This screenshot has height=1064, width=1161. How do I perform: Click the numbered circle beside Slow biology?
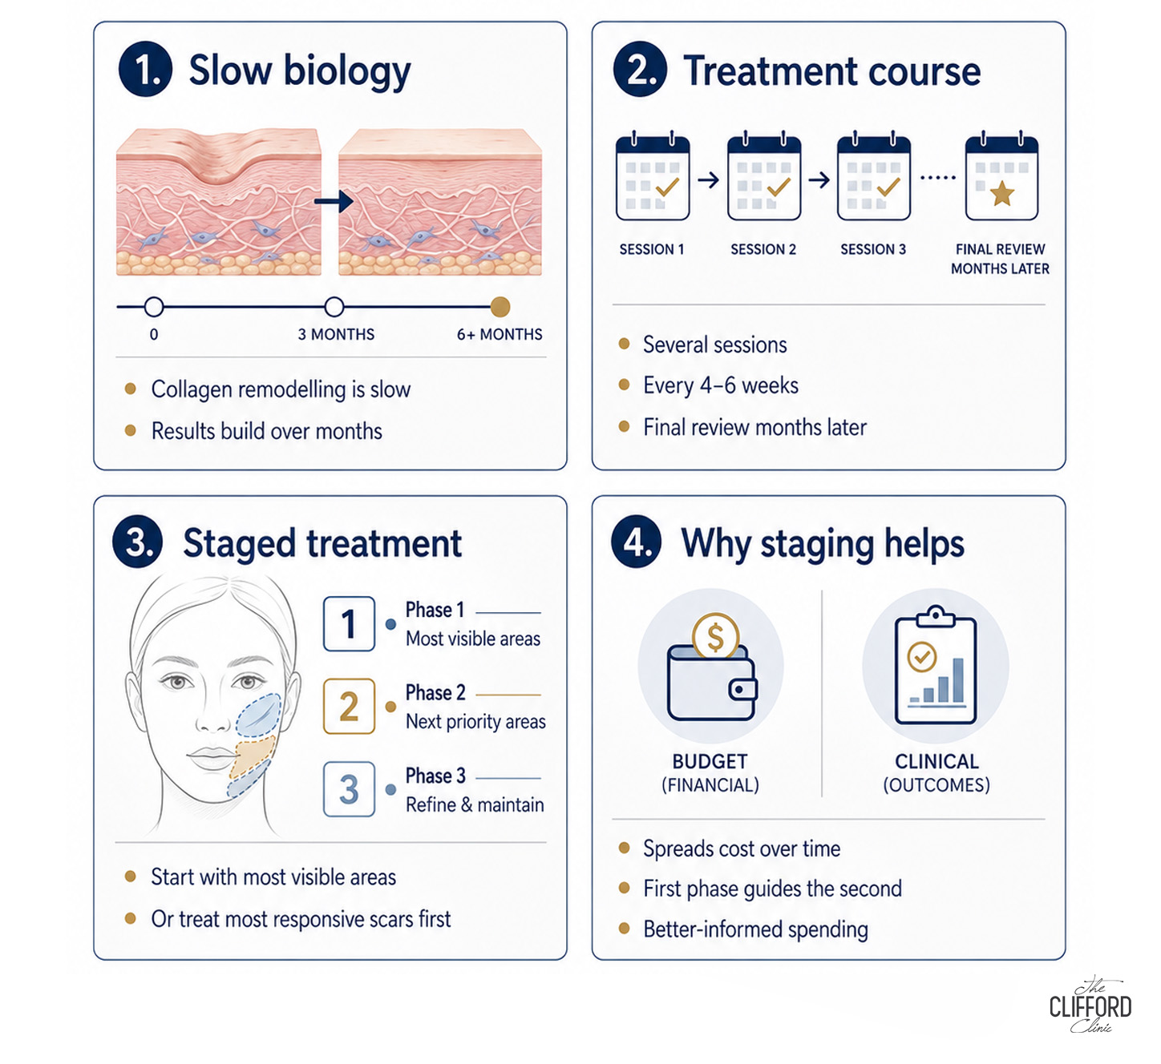tap(145, 69)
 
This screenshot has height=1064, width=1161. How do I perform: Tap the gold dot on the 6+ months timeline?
tap(500, 307)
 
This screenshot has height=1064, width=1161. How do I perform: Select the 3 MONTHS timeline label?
tap(336, 334)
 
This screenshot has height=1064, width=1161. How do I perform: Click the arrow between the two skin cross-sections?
tap(334, 201)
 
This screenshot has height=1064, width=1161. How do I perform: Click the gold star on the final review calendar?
tap(1001, 193)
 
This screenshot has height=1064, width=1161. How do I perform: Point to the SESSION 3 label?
tap(873, 249)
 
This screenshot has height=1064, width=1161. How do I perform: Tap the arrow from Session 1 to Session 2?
tap(709, 180)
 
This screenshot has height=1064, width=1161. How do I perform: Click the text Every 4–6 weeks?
tap(721, 385)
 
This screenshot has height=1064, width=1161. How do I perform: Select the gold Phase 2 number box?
tap(349, 707)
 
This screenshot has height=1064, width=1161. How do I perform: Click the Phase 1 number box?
tap(349, 623)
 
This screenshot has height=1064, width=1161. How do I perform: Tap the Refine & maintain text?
tap(475, 804)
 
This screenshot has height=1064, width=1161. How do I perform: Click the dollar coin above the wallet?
tap(716, 636)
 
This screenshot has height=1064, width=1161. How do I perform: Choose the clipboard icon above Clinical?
tap(935, 665)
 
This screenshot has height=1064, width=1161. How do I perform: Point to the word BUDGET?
tap(710, 761)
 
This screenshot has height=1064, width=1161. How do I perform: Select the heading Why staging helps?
tap(823, 544)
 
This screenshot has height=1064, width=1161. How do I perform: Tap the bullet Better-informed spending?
tap(755, 929)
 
